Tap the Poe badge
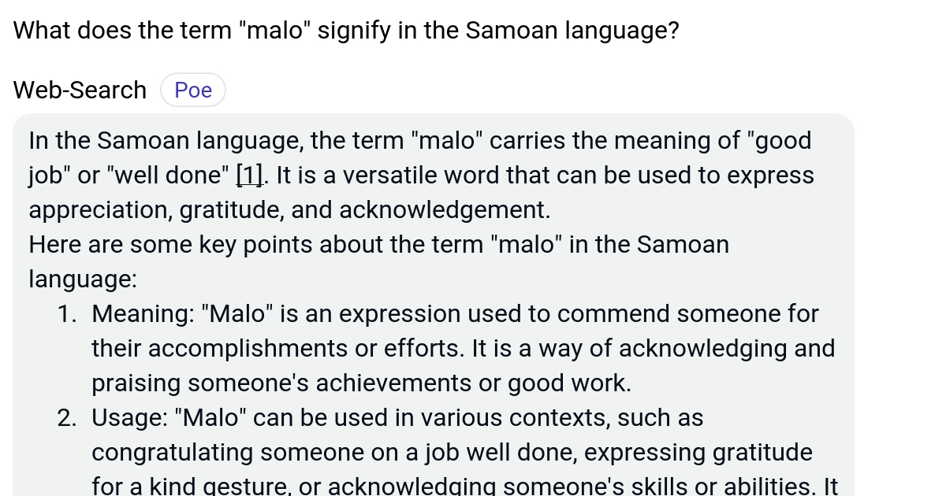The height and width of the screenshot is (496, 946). (193, 91)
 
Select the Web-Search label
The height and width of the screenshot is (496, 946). (80, 91)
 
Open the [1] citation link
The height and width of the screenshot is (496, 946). (250, 176)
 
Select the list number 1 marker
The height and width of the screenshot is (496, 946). (66, 315)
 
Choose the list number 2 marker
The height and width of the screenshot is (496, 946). (66, 419)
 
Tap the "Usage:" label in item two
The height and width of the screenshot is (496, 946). (132, 419)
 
